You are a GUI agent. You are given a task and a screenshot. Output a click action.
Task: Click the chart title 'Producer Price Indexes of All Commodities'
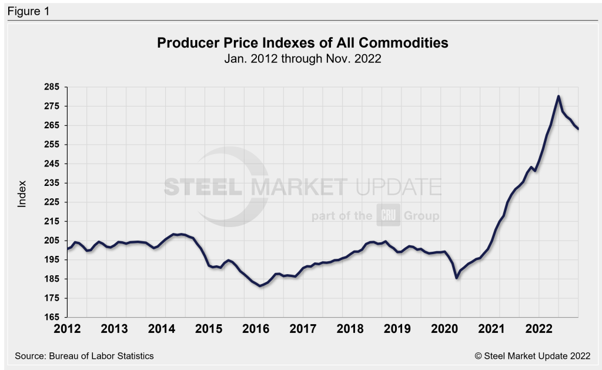(303, 43)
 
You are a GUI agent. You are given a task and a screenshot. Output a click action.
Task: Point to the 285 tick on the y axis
(52, 87)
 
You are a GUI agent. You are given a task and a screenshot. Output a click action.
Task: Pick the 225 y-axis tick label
(52, 202)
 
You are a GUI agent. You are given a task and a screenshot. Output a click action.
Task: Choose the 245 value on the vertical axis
(52, 164)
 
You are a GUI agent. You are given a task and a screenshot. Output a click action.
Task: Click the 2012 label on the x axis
(68, 327)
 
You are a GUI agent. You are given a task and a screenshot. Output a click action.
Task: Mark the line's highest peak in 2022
(558, 96)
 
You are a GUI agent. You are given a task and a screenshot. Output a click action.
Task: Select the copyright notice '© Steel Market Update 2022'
(525, 356)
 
